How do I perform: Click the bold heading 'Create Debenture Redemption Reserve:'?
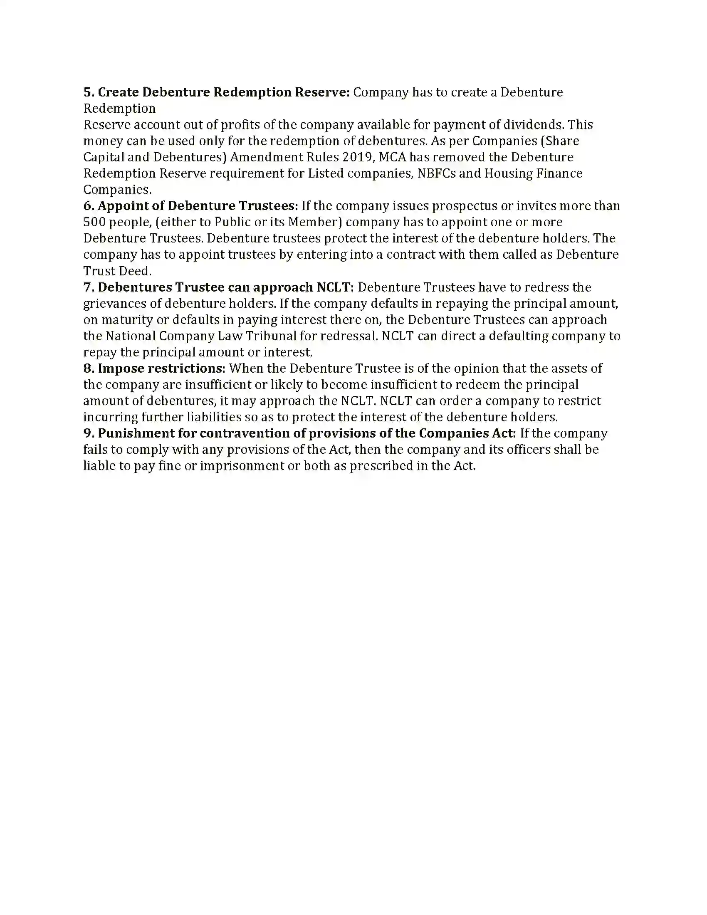[x=224, y=92]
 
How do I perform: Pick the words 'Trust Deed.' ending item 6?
[x=117, y=271]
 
